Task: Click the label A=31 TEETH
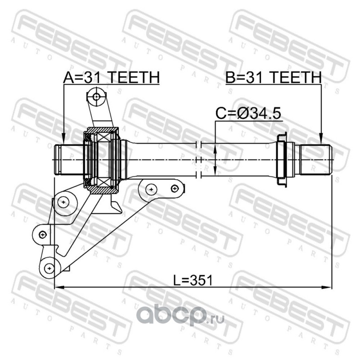tap(111, 77)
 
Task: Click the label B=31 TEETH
tap(274, 77)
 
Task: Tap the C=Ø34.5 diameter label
tap(248, 113)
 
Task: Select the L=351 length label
tap(193, 280)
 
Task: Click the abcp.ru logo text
tap(182, 315)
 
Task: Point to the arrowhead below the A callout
tap(63, 140)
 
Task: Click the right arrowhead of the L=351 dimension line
tap(327, 287)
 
